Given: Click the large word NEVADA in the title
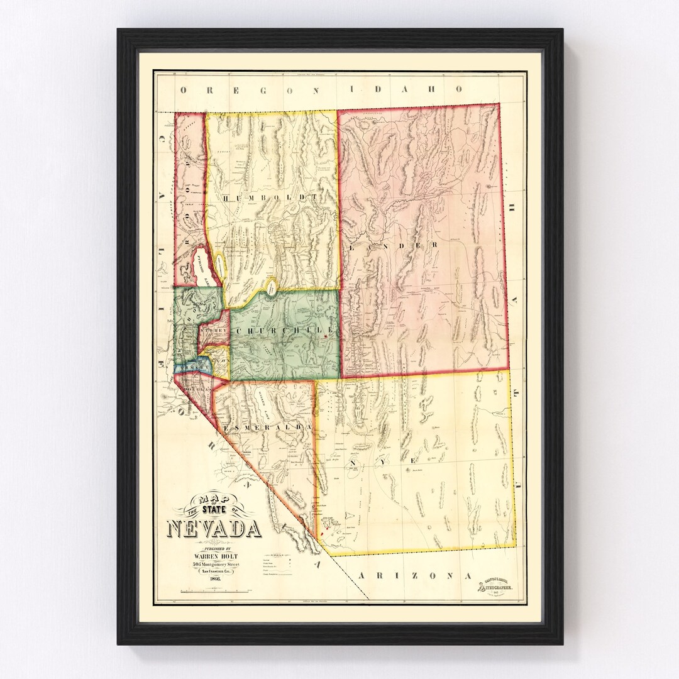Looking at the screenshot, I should tap(214, 528).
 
